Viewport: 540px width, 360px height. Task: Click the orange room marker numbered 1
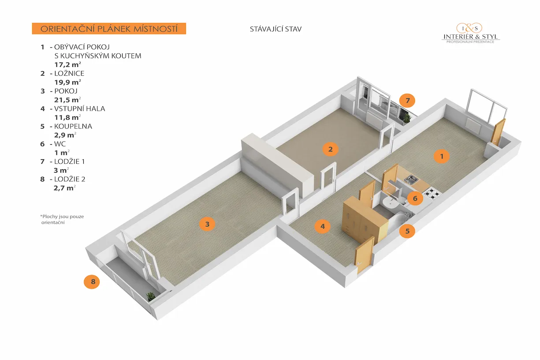(441, 156)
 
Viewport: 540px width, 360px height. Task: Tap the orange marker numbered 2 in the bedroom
(330, 149)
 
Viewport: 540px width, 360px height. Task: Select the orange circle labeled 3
(207, 224)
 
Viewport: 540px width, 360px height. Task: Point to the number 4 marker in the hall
(323, 227)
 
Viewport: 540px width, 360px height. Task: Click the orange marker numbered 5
(407, 230)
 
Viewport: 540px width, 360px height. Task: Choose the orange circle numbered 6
(415, 199)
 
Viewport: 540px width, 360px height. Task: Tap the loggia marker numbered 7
(408, 101)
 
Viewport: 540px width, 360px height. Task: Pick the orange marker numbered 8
(92, 281)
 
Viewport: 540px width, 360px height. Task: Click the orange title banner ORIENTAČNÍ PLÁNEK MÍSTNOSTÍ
(109, 29)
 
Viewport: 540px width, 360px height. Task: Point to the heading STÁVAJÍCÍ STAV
(276, 29)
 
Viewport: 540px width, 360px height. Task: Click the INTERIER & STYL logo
(470, 33)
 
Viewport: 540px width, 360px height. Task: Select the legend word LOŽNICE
(69, 73)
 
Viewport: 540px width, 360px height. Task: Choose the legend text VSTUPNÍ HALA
(80, 109)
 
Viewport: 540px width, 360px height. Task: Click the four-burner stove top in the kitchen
(432, 193)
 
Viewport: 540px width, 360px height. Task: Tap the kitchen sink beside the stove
(413, 179)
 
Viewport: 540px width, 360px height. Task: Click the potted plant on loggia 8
(151, 296)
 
